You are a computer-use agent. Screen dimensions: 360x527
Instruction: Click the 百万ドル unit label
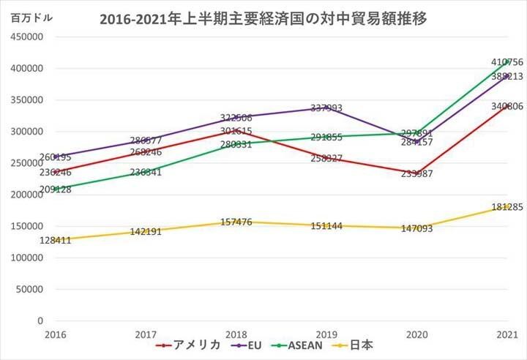coord(31,18)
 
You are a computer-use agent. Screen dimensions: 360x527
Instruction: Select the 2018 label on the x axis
coord(236,334)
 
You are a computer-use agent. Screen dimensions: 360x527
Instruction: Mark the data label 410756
coord(507,62)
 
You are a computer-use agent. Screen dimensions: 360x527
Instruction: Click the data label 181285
coord(507,207)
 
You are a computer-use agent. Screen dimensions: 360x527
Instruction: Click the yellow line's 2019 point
coord(326,225)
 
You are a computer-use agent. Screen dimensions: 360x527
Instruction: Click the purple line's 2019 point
coord(326,108)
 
